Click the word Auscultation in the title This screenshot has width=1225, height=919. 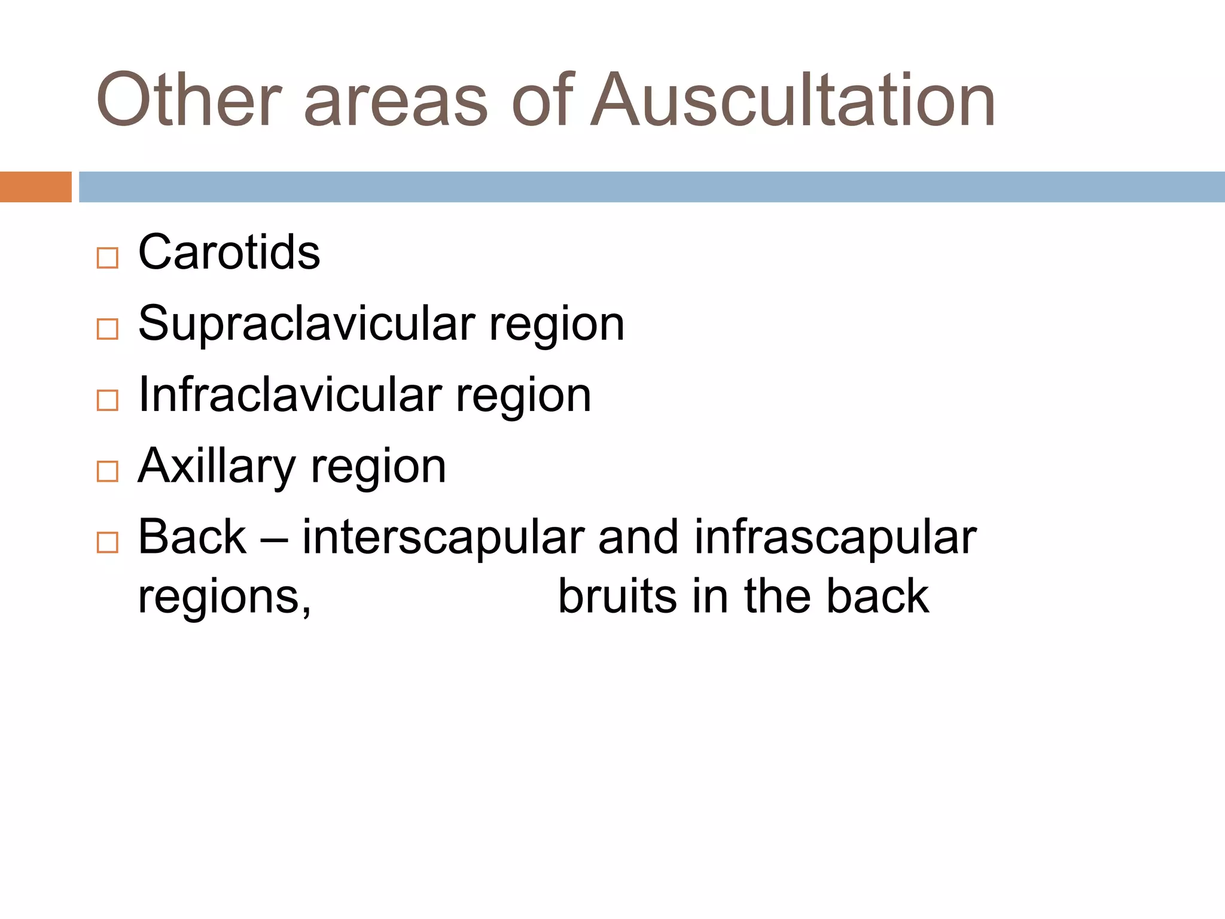pos(793,101)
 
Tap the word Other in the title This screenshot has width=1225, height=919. pos(188,101)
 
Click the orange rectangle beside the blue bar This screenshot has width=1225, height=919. pos(35,187)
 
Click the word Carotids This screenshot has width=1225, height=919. pos(229,252)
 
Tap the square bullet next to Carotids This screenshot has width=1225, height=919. pos(108,258)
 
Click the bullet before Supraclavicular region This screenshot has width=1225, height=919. pos(108,329)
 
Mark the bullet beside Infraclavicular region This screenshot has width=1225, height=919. pos(108,400)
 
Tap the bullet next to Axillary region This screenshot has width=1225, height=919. pos(108,471)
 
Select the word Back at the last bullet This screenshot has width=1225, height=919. pos(192,537)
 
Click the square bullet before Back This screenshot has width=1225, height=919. pos(108,543)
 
